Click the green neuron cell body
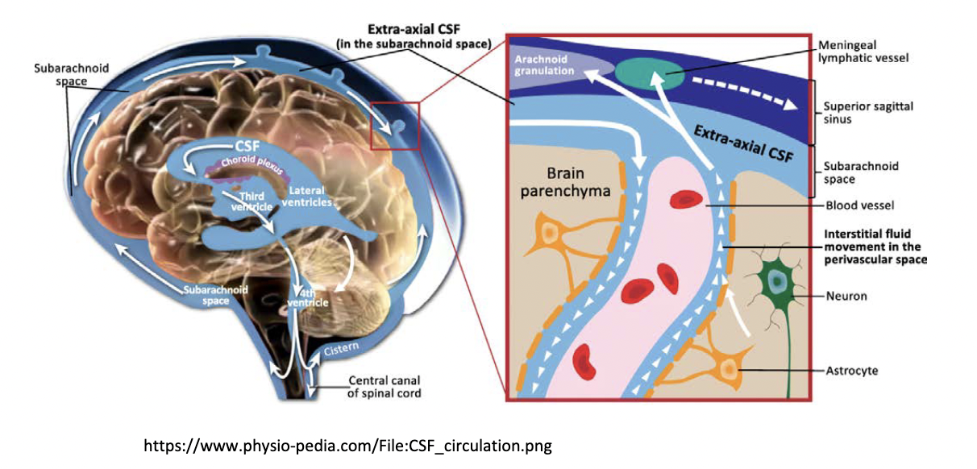coord(775,280)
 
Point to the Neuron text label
coord(846,297)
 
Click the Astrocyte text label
coord(851,371)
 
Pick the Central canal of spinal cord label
coord(385,387)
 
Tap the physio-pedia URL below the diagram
coord(347,445)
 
